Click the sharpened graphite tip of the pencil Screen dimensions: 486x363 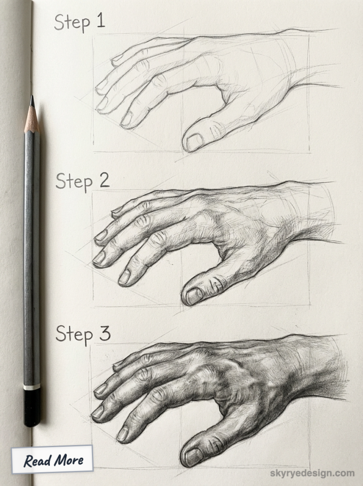click(32, 101)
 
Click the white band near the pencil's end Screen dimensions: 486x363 click(32, 387)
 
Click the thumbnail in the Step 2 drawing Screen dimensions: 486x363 click(194, 296)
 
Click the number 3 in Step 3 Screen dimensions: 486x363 click(105, 333)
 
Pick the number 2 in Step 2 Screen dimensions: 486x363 click(104, 181)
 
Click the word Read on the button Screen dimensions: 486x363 click(37, 460)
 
